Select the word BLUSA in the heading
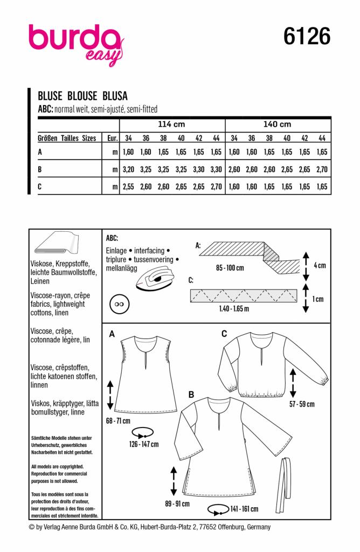113,96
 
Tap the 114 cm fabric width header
172,124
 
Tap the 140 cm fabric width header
278,124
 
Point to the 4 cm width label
320,266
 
